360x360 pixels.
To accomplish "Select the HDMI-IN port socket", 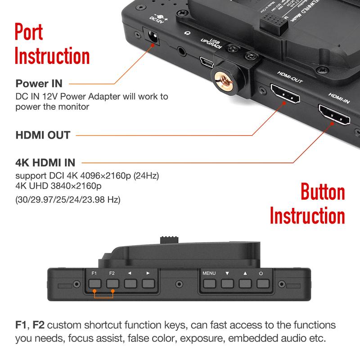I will [334, 116].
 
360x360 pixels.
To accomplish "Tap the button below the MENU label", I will [209, 284].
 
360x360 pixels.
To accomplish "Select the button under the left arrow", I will [130, 284].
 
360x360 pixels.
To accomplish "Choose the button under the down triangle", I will [227, 284].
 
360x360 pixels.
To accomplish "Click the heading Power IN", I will [39, 84].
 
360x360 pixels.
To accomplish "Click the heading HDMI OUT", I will [43, 135].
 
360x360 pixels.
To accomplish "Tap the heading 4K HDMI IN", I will [45, 162].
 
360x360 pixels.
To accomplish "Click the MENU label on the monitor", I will [209, 273].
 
